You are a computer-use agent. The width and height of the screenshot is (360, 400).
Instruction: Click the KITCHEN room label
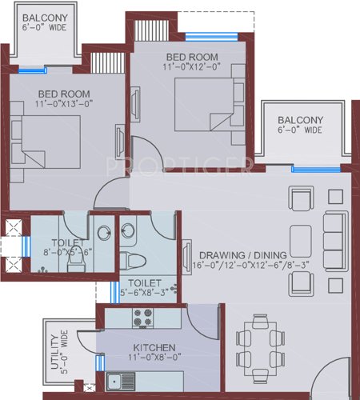tap(150, 349)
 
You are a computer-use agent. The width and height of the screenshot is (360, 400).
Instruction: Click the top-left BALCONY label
tap(45, 18)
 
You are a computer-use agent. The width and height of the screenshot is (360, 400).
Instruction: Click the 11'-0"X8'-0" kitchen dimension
tap(150, 360)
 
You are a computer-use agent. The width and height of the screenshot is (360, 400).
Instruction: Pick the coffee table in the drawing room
tap(301, 239)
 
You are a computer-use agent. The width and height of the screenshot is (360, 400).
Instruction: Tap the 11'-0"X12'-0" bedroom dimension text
tap(193, 68)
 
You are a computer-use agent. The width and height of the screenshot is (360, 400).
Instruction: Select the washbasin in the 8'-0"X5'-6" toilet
tap(104, 232)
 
